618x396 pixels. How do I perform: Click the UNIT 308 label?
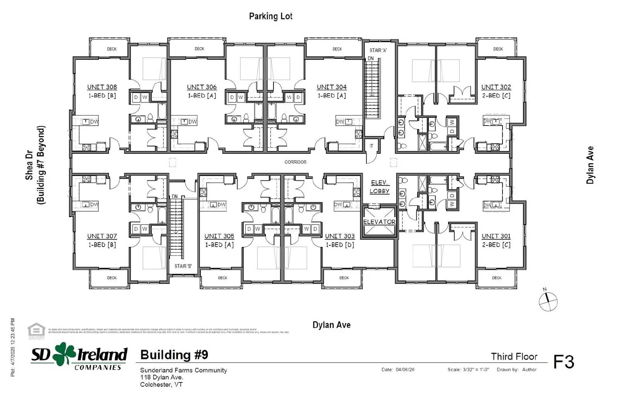click(102, 87)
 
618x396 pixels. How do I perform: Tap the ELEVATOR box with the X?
click(379, 222)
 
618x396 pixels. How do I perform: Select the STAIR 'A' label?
click(378, 50)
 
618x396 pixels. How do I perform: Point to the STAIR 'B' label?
click(183, 266)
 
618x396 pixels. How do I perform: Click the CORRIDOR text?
click(295, 162)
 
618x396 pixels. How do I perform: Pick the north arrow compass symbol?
click(548, 301)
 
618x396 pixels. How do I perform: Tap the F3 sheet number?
click(564, 362)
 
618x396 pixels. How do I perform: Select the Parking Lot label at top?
click(270, 16)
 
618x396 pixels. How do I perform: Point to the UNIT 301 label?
click(496, 236)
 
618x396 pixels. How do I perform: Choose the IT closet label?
click(372, 146)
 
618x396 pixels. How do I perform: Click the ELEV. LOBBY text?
click(379, 187)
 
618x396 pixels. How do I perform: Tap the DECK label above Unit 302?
click(498, 49)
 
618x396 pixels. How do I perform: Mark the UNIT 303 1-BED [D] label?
click(340, 240)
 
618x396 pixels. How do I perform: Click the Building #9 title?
click(174, 355)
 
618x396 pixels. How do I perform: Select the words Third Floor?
click(514, 356)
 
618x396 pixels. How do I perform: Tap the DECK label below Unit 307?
click(112, 278)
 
